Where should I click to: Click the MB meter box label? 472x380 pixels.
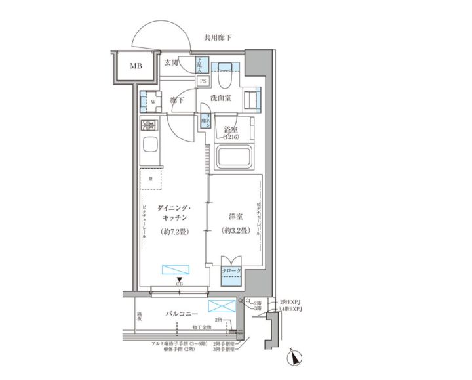[134, 66]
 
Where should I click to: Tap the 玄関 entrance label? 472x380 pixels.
[172, 64]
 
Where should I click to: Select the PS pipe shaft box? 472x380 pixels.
[203, 81]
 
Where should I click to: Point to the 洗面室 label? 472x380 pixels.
[220, 98]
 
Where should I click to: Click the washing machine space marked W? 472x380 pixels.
[151, 102]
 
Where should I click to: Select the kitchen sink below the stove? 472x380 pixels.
[149, 146]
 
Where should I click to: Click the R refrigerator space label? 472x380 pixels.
[151, 178]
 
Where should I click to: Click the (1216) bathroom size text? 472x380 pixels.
[230, 137]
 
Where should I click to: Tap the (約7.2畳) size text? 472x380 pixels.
[174, 232]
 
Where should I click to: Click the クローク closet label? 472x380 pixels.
[230, 270]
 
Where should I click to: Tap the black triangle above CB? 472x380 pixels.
[179, 278]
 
